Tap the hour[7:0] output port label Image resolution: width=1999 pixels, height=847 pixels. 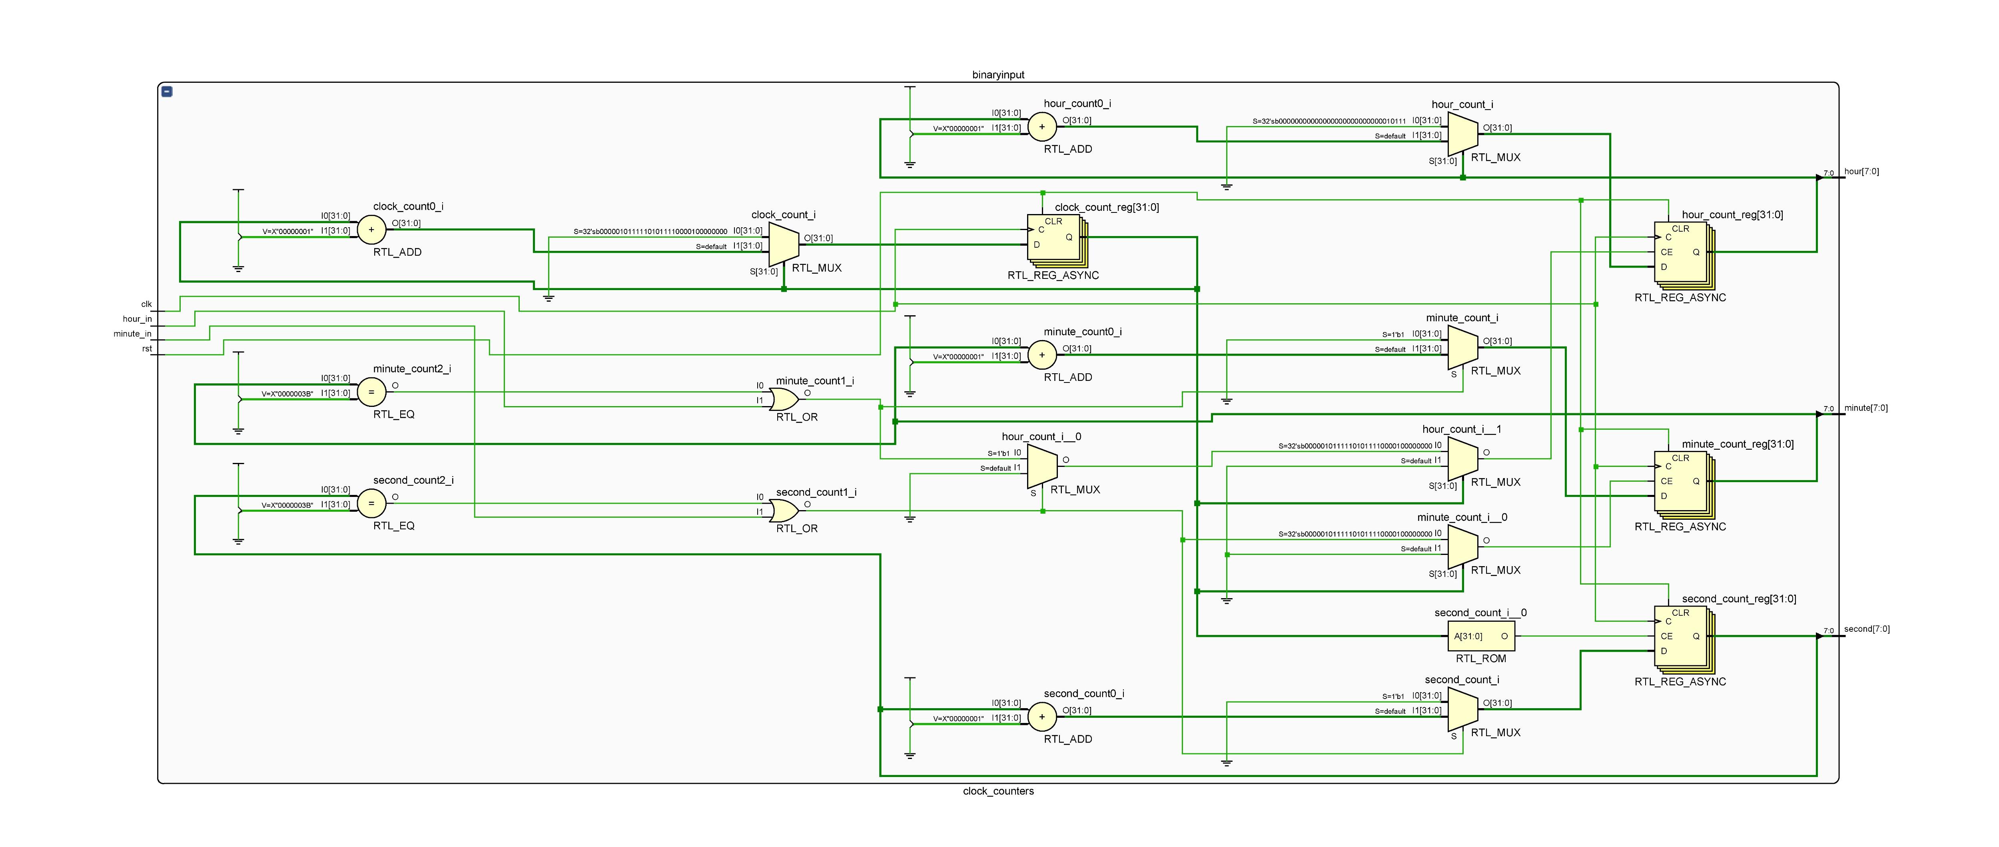click(x=1861, y=172)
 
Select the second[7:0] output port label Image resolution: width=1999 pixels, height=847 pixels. click(x=1866, y=629)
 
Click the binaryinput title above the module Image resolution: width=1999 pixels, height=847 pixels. click(x=998, y=74)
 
